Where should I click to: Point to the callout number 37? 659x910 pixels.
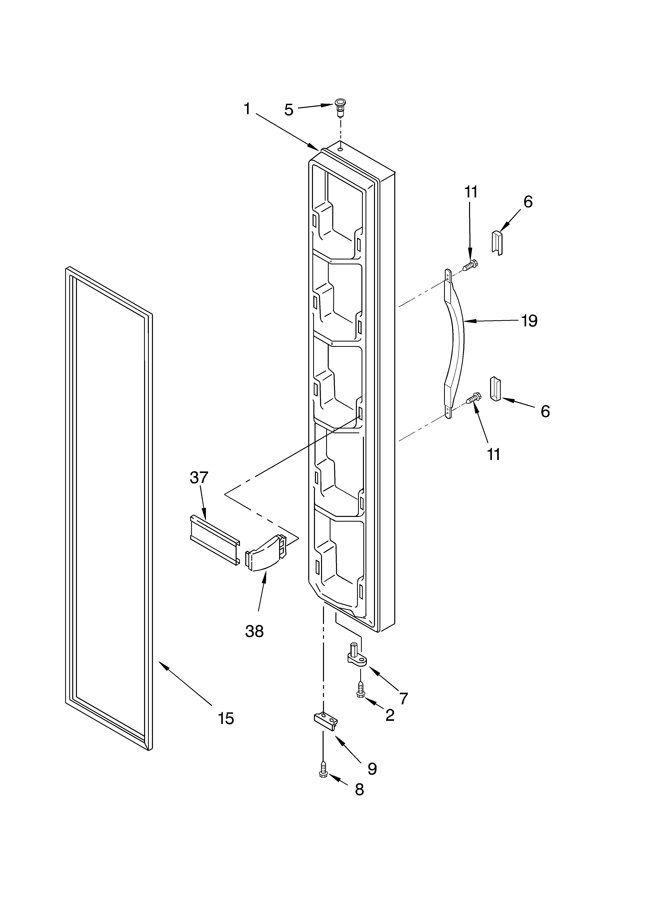coord(199,478)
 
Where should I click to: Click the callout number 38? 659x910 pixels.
coord(255,631)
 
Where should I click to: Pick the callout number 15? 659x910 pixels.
coord(226,718)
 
